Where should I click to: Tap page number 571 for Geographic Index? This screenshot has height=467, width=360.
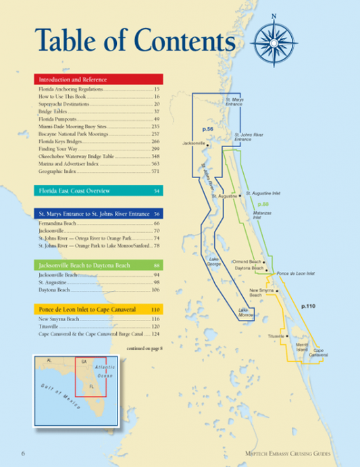[155, 171]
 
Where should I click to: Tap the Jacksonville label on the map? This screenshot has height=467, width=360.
[194, 143]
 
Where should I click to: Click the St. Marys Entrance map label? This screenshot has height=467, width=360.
[234, 102]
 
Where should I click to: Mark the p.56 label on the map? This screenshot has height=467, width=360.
[207, 128]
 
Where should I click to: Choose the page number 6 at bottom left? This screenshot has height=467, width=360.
[23, 451]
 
